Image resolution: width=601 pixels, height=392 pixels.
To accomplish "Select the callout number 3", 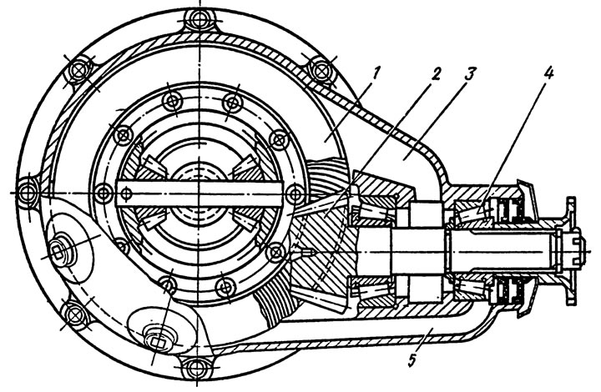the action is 469,74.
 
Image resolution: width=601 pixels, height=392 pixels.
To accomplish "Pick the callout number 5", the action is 412,360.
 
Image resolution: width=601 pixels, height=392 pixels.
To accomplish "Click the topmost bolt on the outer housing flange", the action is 199,20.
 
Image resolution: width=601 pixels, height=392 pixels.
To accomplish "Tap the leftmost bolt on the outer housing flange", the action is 28,193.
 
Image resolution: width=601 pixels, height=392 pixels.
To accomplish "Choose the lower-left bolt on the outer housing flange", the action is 73,314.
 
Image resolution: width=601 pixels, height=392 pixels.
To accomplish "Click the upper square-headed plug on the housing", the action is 59,251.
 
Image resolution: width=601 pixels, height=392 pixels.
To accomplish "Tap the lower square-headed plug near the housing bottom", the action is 157,339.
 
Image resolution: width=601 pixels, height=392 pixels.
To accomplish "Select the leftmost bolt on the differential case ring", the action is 104,193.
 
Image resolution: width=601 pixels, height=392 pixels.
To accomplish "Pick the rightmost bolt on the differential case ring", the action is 295,193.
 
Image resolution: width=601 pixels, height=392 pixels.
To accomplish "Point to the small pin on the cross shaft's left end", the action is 125,194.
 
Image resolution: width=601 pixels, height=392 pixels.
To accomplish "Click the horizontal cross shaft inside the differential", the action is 199,193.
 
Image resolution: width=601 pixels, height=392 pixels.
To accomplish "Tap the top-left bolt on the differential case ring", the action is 171,101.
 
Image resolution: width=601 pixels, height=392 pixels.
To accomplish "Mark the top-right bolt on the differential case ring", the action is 232,103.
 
